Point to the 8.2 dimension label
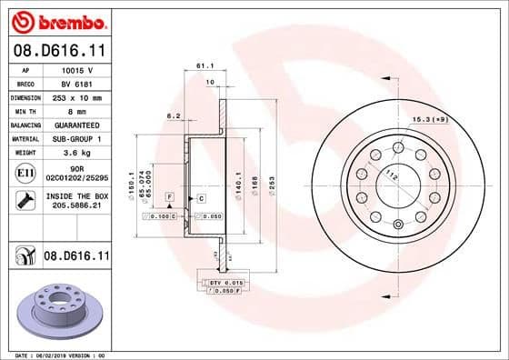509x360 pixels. click(x=173, y=115)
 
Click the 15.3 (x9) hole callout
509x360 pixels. click(x=455, y=119)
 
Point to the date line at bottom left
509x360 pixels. click(x=56, y=354)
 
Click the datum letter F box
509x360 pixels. click(x=169, y=197)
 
